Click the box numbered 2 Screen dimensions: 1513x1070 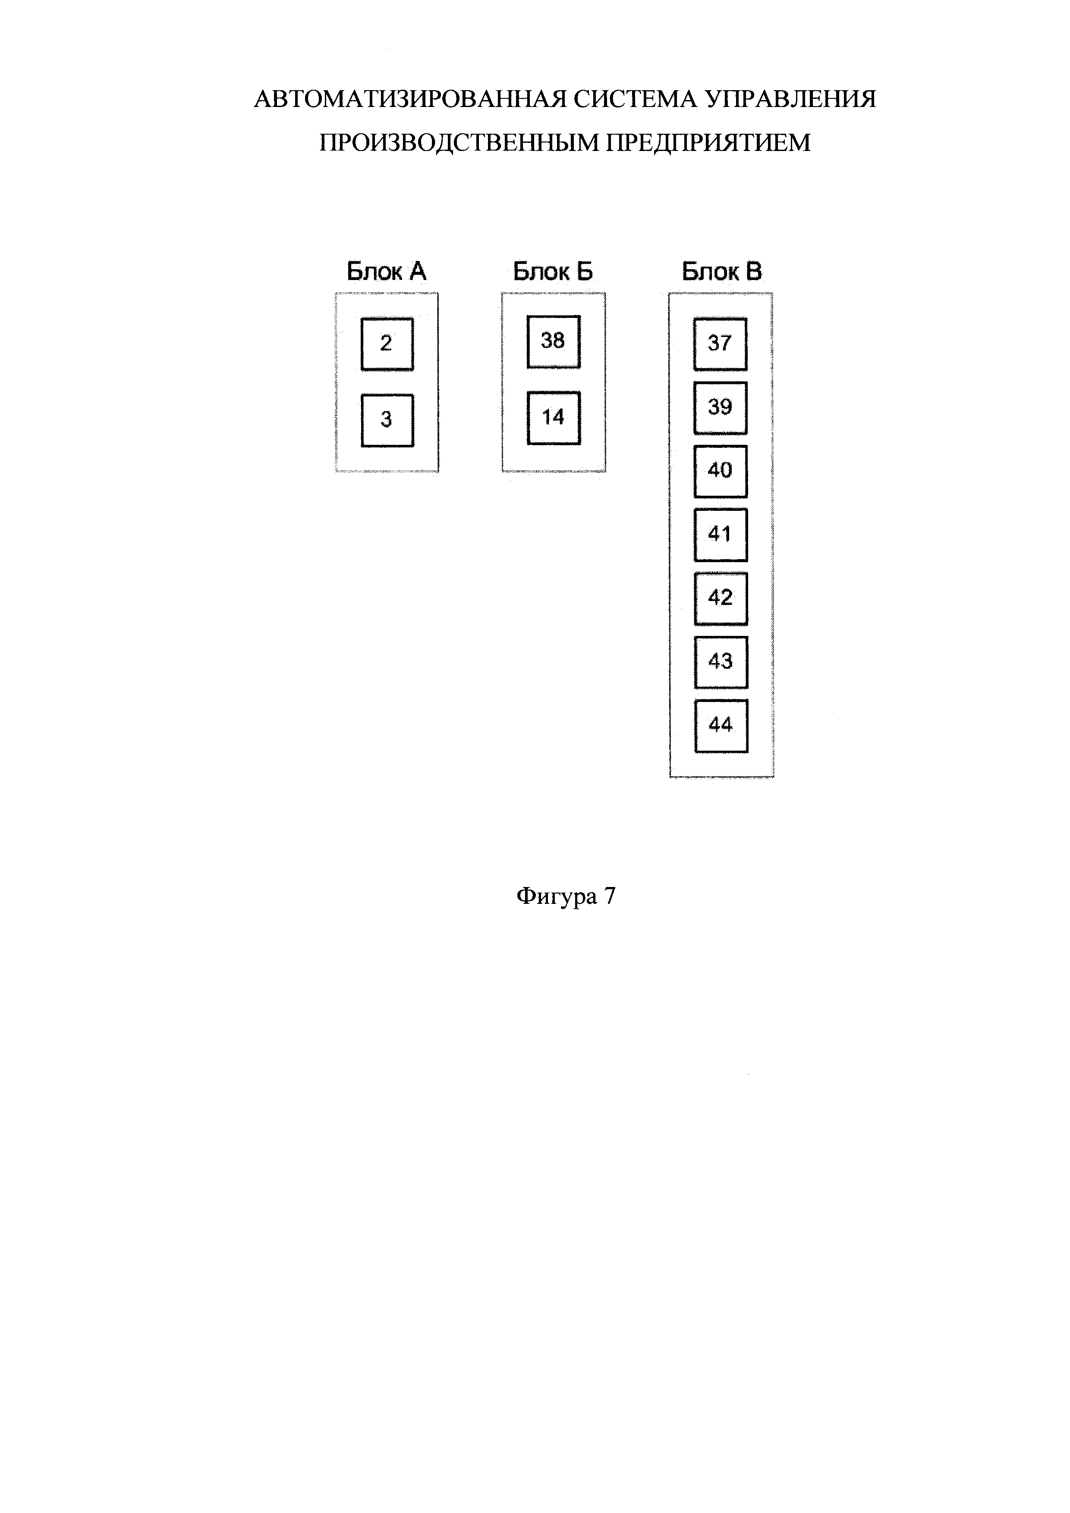coord(387,344)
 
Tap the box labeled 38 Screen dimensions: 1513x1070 coord(554,341)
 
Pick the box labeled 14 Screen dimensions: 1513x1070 coord(554,418)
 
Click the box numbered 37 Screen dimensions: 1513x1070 coord(720,344)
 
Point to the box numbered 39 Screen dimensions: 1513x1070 coord(720,407)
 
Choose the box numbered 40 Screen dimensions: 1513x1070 coord(720,471)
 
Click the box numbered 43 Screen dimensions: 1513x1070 coord(721,662)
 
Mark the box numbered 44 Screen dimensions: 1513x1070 coord(721,726)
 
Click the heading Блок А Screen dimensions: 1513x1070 coord(387,271)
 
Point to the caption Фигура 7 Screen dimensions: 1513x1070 coord(566,896)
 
